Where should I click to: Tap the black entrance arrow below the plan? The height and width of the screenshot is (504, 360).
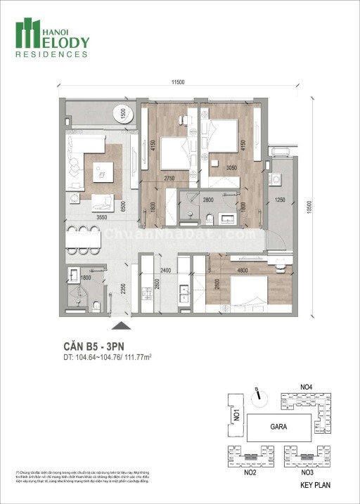click(x=121, y=325)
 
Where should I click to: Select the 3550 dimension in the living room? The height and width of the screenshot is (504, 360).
click(x=105, y=219)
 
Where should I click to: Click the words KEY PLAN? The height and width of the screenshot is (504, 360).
click(x=314, y=485)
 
